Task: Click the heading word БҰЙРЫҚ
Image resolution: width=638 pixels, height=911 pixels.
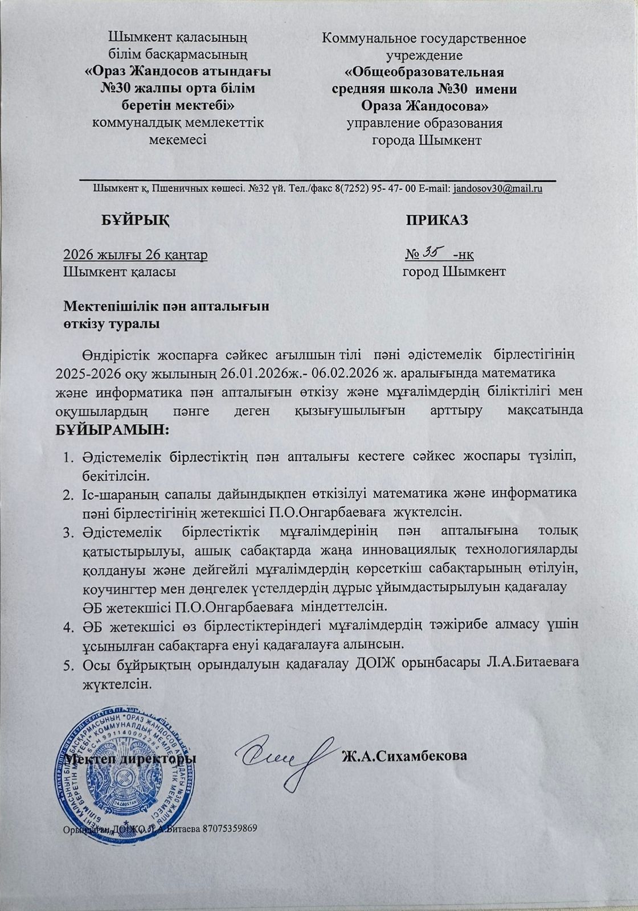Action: pos(136,220)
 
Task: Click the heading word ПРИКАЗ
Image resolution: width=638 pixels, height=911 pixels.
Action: pos(437,220)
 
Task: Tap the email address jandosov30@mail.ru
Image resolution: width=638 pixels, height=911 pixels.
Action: pos(497,189)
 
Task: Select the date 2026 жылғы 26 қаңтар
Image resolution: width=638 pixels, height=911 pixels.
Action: pos(135,254)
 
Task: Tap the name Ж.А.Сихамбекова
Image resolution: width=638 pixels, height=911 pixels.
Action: pos(404,756)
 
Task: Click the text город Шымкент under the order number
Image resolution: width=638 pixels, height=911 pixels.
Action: pos(454,272)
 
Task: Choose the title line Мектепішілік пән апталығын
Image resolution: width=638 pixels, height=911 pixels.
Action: pos(166,306)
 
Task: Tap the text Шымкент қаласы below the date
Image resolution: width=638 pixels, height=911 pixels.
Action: pos(119,272)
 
